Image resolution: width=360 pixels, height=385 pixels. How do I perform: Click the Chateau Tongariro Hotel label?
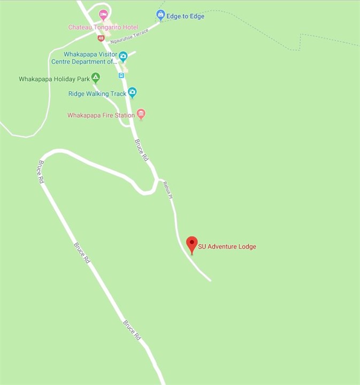point(103,27)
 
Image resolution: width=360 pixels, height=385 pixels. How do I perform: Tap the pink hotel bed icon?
point(103,14)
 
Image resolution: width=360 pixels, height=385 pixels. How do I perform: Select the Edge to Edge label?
point(185,16)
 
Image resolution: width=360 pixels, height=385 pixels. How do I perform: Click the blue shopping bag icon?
point(160,14)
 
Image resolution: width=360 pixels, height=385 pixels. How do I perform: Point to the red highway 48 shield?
point(101,38)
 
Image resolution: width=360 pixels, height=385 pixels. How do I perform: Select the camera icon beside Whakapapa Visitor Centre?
point(123,56)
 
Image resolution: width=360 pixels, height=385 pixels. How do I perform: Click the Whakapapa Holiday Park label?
point(54,79)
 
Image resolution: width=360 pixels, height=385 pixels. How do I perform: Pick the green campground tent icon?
point(95,78)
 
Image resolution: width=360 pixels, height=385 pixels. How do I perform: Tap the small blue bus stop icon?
point(121,75)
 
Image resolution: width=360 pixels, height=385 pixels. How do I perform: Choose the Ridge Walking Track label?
point(97,94)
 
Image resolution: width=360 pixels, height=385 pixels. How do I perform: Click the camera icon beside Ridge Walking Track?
point(132,93)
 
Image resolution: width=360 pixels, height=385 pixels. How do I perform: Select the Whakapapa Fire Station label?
point(101,115)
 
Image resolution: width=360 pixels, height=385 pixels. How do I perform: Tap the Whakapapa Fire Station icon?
point(141,114)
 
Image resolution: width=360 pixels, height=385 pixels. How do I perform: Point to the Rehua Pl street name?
point(168,189)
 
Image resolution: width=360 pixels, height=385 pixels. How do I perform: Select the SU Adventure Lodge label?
point(227,247)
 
